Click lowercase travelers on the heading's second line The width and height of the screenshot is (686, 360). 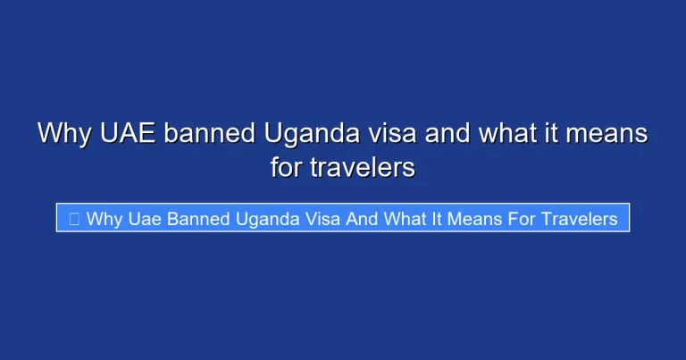tap(363, 167)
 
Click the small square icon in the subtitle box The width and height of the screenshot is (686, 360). tap(73, 219)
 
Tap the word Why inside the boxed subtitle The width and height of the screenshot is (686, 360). tap(104, 219)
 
